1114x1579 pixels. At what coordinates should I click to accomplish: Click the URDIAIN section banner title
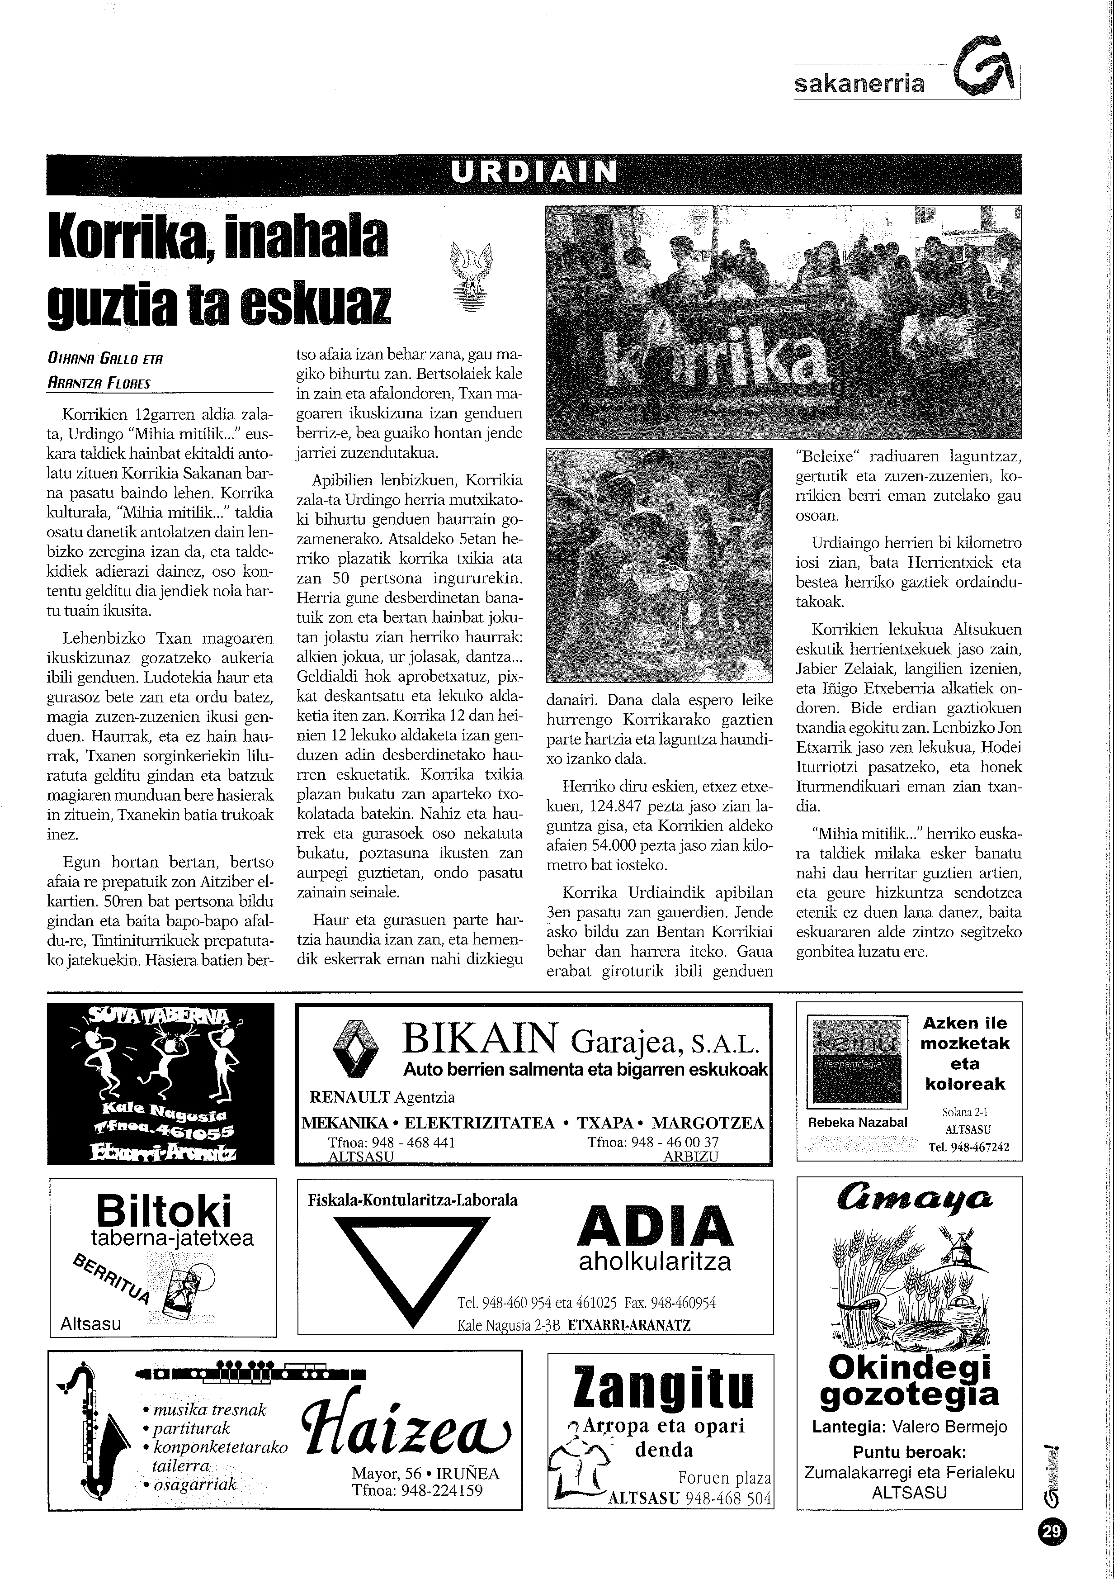(x=534, y=172)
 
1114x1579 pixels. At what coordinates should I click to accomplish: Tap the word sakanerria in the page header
(x=859, y=84)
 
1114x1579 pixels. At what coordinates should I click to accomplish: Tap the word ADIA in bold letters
(x=655, y=1227)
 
